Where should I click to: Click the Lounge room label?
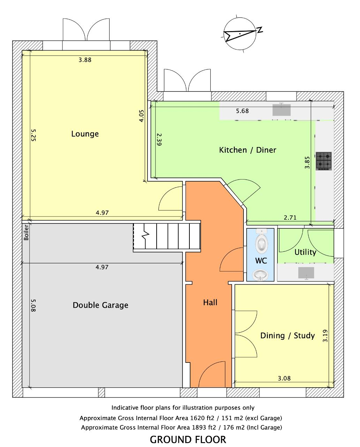pos(85,134)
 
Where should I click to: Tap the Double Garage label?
pos(100,305)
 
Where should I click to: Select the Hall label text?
pos(210,302)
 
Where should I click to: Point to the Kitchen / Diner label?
pos(248,150)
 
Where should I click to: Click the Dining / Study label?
pos(287,336)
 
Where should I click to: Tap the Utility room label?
pos(306,252)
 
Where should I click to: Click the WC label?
pos(261,261)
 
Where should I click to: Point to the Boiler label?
pos(26,233)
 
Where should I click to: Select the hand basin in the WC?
pos(260,275)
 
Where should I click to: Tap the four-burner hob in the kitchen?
pos(324,161)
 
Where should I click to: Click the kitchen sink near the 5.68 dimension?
pos(282,110)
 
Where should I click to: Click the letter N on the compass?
pos(260,30)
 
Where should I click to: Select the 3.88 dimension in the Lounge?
pos(85,60)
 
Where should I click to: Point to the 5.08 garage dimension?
pos(33,305)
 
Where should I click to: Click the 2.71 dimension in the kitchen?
pos(290,218)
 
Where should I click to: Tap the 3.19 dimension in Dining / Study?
pos(325,336)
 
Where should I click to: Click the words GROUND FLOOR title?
pos(188,440)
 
